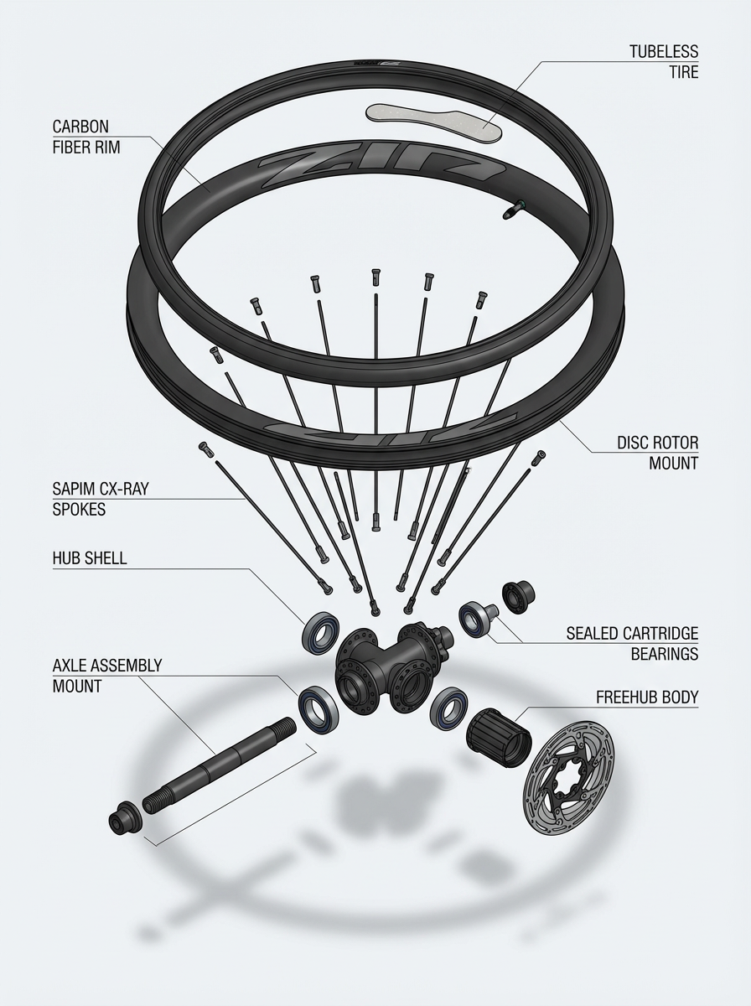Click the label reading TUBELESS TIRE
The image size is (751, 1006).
point(664,61)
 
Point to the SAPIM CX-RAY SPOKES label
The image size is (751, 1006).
point(99,498)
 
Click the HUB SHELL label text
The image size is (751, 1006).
point(89,558)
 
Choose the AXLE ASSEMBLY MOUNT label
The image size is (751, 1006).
point(106,675)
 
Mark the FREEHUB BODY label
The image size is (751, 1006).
point(646,697)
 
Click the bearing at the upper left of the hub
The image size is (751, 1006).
point(323,628)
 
